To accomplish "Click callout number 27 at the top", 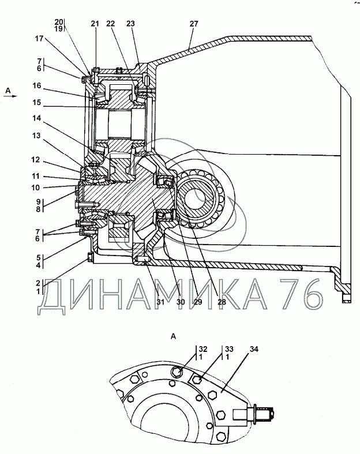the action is click(194, 24).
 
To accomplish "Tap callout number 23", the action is click(130, 24).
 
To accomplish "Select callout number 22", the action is click(110, 24).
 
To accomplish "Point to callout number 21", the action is click(95, 24).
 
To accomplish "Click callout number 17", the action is click(39, 39).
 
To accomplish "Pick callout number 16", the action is click(37, 86).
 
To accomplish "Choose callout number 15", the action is click(37, 103).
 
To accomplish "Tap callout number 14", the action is click(37, 118).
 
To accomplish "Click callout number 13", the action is click(36, 136).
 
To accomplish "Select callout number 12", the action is click(36, 160).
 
